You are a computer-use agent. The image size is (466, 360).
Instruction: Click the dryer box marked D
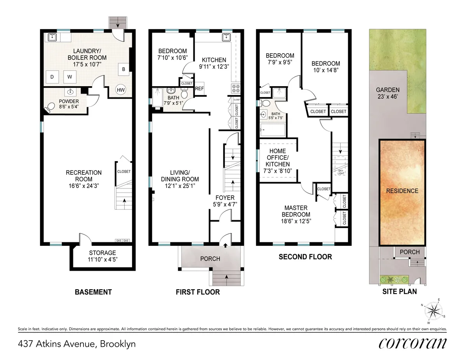tap(52, 77)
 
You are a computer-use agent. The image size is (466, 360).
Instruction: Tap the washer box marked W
tap(70, 77)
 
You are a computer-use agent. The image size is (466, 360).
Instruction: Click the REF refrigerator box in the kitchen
tap(200, 88)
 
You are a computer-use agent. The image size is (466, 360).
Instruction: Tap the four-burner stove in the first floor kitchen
tap(235, 88)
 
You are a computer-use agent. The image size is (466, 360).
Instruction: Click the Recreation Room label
tap(84, 176)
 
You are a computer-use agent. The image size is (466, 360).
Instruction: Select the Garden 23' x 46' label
tap(388, 93)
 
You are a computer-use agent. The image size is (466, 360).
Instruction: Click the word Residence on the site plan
tap(402, 191)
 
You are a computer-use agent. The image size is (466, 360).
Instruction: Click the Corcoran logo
tap(412, 344)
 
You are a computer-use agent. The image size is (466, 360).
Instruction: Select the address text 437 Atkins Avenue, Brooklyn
tap(77, 344)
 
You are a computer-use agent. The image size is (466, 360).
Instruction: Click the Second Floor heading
tap(305, 257)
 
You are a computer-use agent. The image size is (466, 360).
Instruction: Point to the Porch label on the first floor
tap(210, 259)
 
